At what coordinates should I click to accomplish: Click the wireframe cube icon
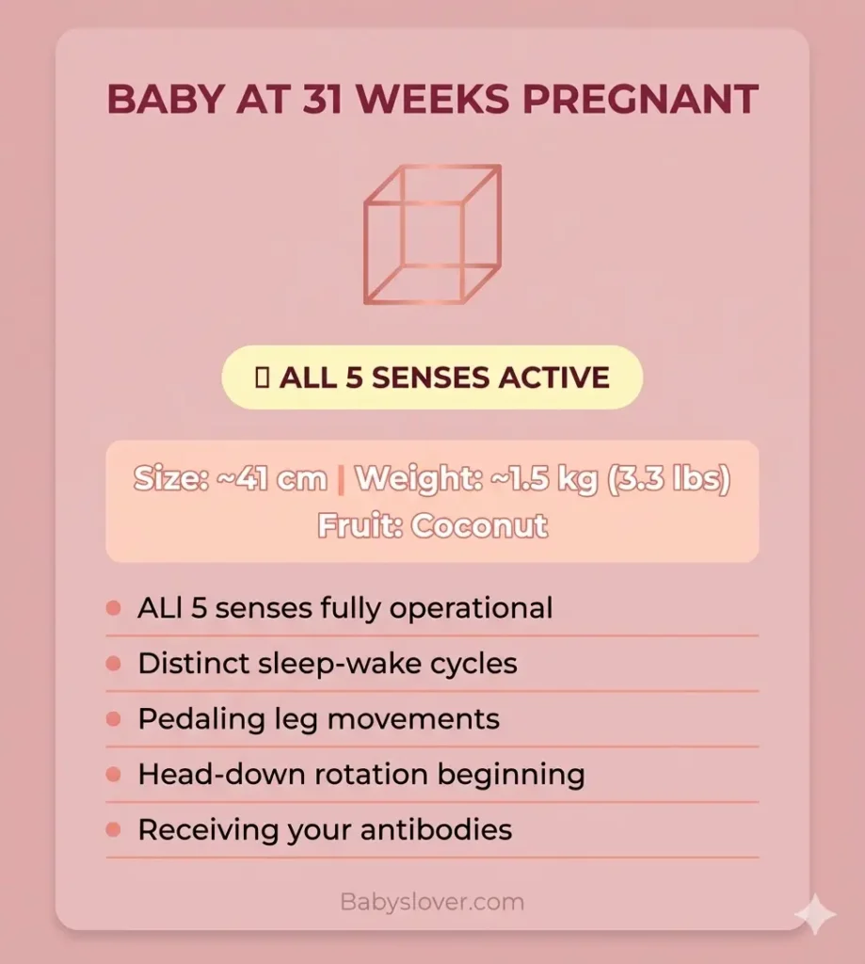[x=432, y=234]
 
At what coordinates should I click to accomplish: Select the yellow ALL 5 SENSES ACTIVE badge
[x=432, y=378]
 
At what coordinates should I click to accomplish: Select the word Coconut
[x=479, y=525]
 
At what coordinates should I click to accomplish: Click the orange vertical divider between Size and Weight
[x=341, y=480]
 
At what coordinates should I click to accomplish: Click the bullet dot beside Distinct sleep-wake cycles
[x=114, y=664]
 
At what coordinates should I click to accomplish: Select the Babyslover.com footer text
[x=432, y=902]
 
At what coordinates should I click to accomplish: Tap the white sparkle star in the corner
[x=814, y=913]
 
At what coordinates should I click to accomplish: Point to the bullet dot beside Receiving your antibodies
[x=114, y=830]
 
